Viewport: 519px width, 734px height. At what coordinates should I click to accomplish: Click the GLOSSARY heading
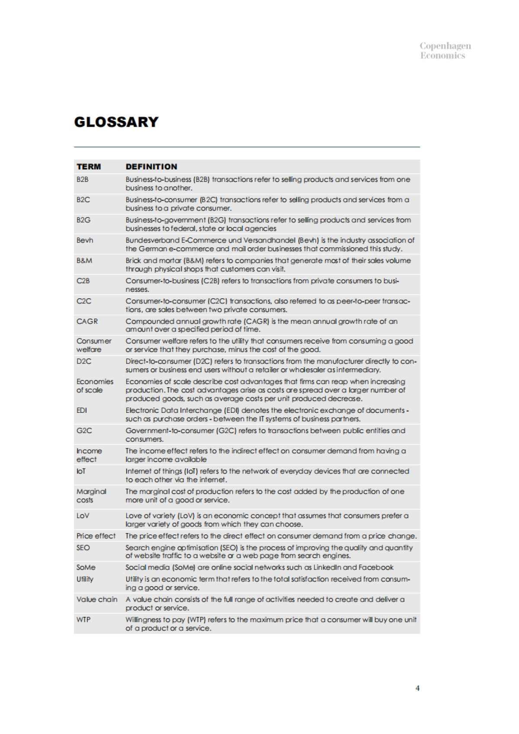(x=116, y=122)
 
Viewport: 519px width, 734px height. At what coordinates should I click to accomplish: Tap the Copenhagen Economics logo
(x=445, y=51)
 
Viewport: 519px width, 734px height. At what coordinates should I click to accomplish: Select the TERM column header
(x=89, y=167)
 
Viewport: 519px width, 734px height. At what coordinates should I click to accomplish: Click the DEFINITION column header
(x=151, y=167)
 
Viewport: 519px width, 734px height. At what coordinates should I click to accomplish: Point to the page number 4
(x=417, y=688)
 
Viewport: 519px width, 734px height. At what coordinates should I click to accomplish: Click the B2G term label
(x=83, y=220)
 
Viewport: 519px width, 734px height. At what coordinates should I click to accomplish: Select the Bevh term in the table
(x=85, y=240)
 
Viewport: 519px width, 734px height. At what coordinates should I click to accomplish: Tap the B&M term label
(x=84, y=261)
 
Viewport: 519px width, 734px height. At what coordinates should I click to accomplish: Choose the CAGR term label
(x=87, y=321)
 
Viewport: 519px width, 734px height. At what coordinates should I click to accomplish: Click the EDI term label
(x=82, y=410)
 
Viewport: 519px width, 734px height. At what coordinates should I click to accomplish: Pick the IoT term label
(x=81, y=471)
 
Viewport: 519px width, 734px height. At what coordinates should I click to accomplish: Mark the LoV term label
(x=83, y=516)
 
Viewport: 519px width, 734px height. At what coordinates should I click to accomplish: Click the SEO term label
(x=83, y=548)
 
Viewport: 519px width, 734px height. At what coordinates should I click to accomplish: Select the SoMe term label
(x=86, y=568)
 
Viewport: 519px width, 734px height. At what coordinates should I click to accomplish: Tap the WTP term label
(x=83, y=619)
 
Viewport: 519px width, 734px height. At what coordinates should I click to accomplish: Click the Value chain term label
(x=97, y=599)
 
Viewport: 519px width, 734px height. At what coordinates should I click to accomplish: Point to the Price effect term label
(x=96, y=536)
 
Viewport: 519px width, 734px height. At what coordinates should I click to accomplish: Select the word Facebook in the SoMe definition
(x=376, y=568)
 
